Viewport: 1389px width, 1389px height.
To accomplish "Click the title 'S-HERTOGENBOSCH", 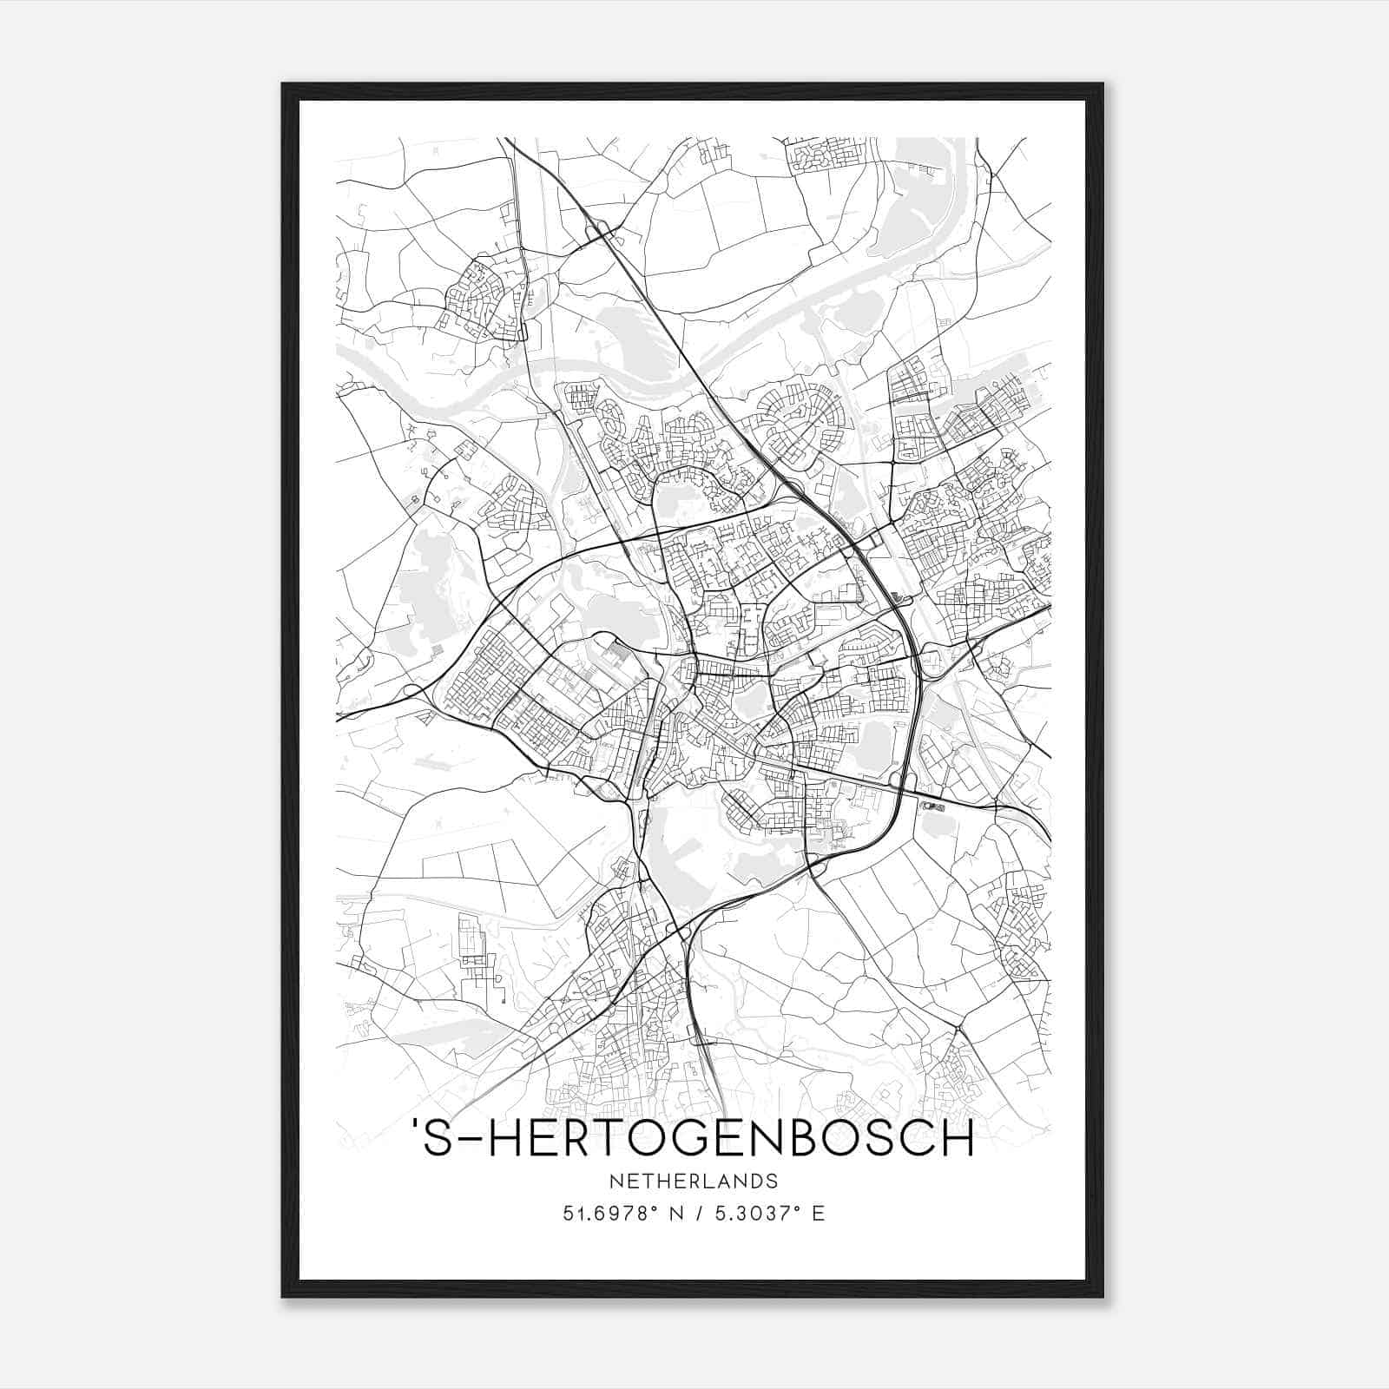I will (x=694, y=1140).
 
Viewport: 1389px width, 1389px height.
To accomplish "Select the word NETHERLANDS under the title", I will (x=694, y=1182).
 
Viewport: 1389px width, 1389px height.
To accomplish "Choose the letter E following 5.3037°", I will (x=818, y=1214).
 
